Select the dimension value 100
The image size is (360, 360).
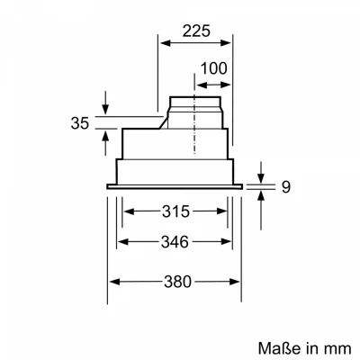[213, 68]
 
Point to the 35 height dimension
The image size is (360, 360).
[80, 123]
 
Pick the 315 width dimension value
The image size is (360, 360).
[175, 212]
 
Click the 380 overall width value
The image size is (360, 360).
[177, 282]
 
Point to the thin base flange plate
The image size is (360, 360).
[175, 186]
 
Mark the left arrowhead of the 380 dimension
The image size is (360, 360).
[112, 282]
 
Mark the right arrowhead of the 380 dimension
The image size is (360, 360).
[240, 282]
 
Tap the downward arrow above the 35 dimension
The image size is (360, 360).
[106, 109]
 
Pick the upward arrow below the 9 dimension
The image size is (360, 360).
[259, 195]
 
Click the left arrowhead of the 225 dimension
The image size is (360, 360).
[162, 40]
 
